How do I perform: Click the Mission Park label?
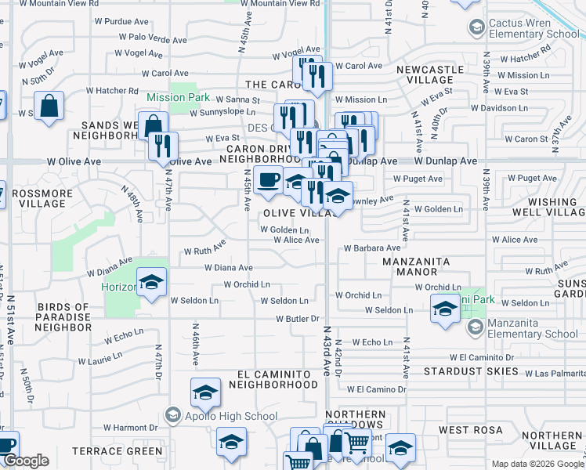click(178, 98)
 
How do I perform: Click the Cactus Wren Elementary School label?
click(534, 29)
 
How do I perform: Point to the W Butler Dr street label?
click(298, 319)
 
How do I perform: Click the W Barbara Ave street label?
click(372, 248)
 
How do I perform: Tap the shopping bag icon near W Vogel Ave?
click(49, 107)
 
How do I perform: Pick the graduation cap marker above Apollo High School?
click(205, 393)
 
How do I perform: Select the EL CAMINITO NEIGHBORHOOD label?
click(278, 380)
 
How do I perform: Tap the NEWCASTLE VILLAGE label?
click(430, 74)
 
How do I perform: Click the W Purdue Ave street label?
click(121, 23)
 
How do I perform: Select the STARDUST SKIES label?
click(471, 371)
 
